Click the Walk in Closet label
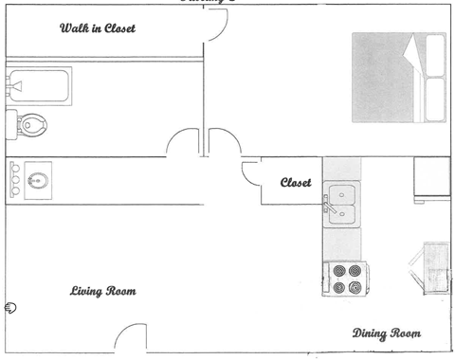click(98, 28)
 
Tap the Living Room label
click(102, 291)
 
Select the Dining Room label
click(386, 333)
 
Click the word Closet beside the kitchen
click(296, 183)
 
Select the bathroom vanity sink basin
click(39, 180)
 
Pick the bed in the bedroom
click(398, 78)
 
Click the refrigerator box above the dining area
click(431, 179)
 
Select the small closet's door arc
click(251, 173)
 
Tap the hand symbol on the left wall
click(9, 306)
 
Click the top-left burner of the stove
click(338, 271)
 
